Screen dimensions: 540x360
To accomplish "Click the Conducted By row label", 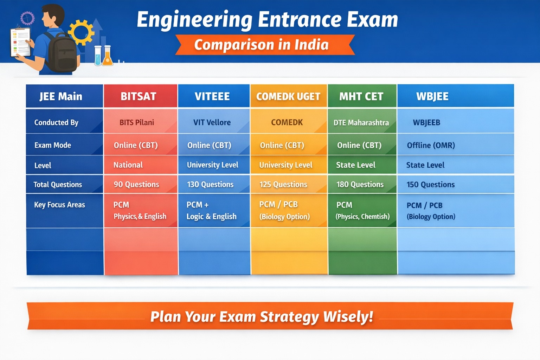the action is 56,122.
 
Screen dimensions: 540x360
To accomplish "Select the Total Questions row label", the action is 58,185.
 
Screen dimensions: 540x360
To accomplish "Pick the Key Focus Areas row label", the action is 59,205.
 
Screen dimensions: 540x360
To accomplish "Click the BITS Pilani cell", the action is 137,122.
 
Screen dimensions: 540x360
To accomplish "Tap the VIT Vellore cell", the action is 212,122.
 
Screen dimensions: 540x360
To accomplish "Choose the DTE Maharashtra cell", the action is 361,123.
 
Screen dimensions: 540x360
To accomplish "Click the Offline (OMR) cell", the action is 431,146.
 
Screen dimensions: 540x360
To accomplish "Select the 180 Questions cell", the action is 360,185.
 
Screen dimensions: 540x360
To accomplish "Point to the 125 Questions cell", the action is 283,185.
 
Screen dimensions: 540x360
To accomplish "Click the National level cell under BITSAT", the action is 128,165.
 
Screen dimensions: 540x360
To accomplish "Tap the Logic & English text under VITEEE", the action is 211,217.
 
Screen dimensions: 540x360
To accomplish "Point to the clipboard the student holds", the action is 20,43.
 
